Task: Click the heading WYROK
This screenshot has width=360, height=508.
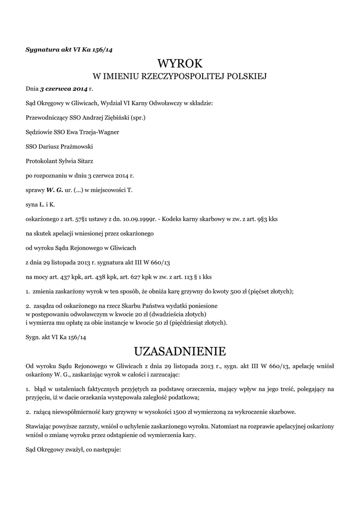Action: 180,63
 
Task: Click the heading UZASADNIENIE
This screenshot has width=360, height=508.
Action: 180,352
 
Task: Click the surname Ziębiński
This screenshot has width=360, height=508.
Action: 116,118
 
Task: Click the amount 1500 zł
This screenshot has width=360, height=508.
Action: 172,412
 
